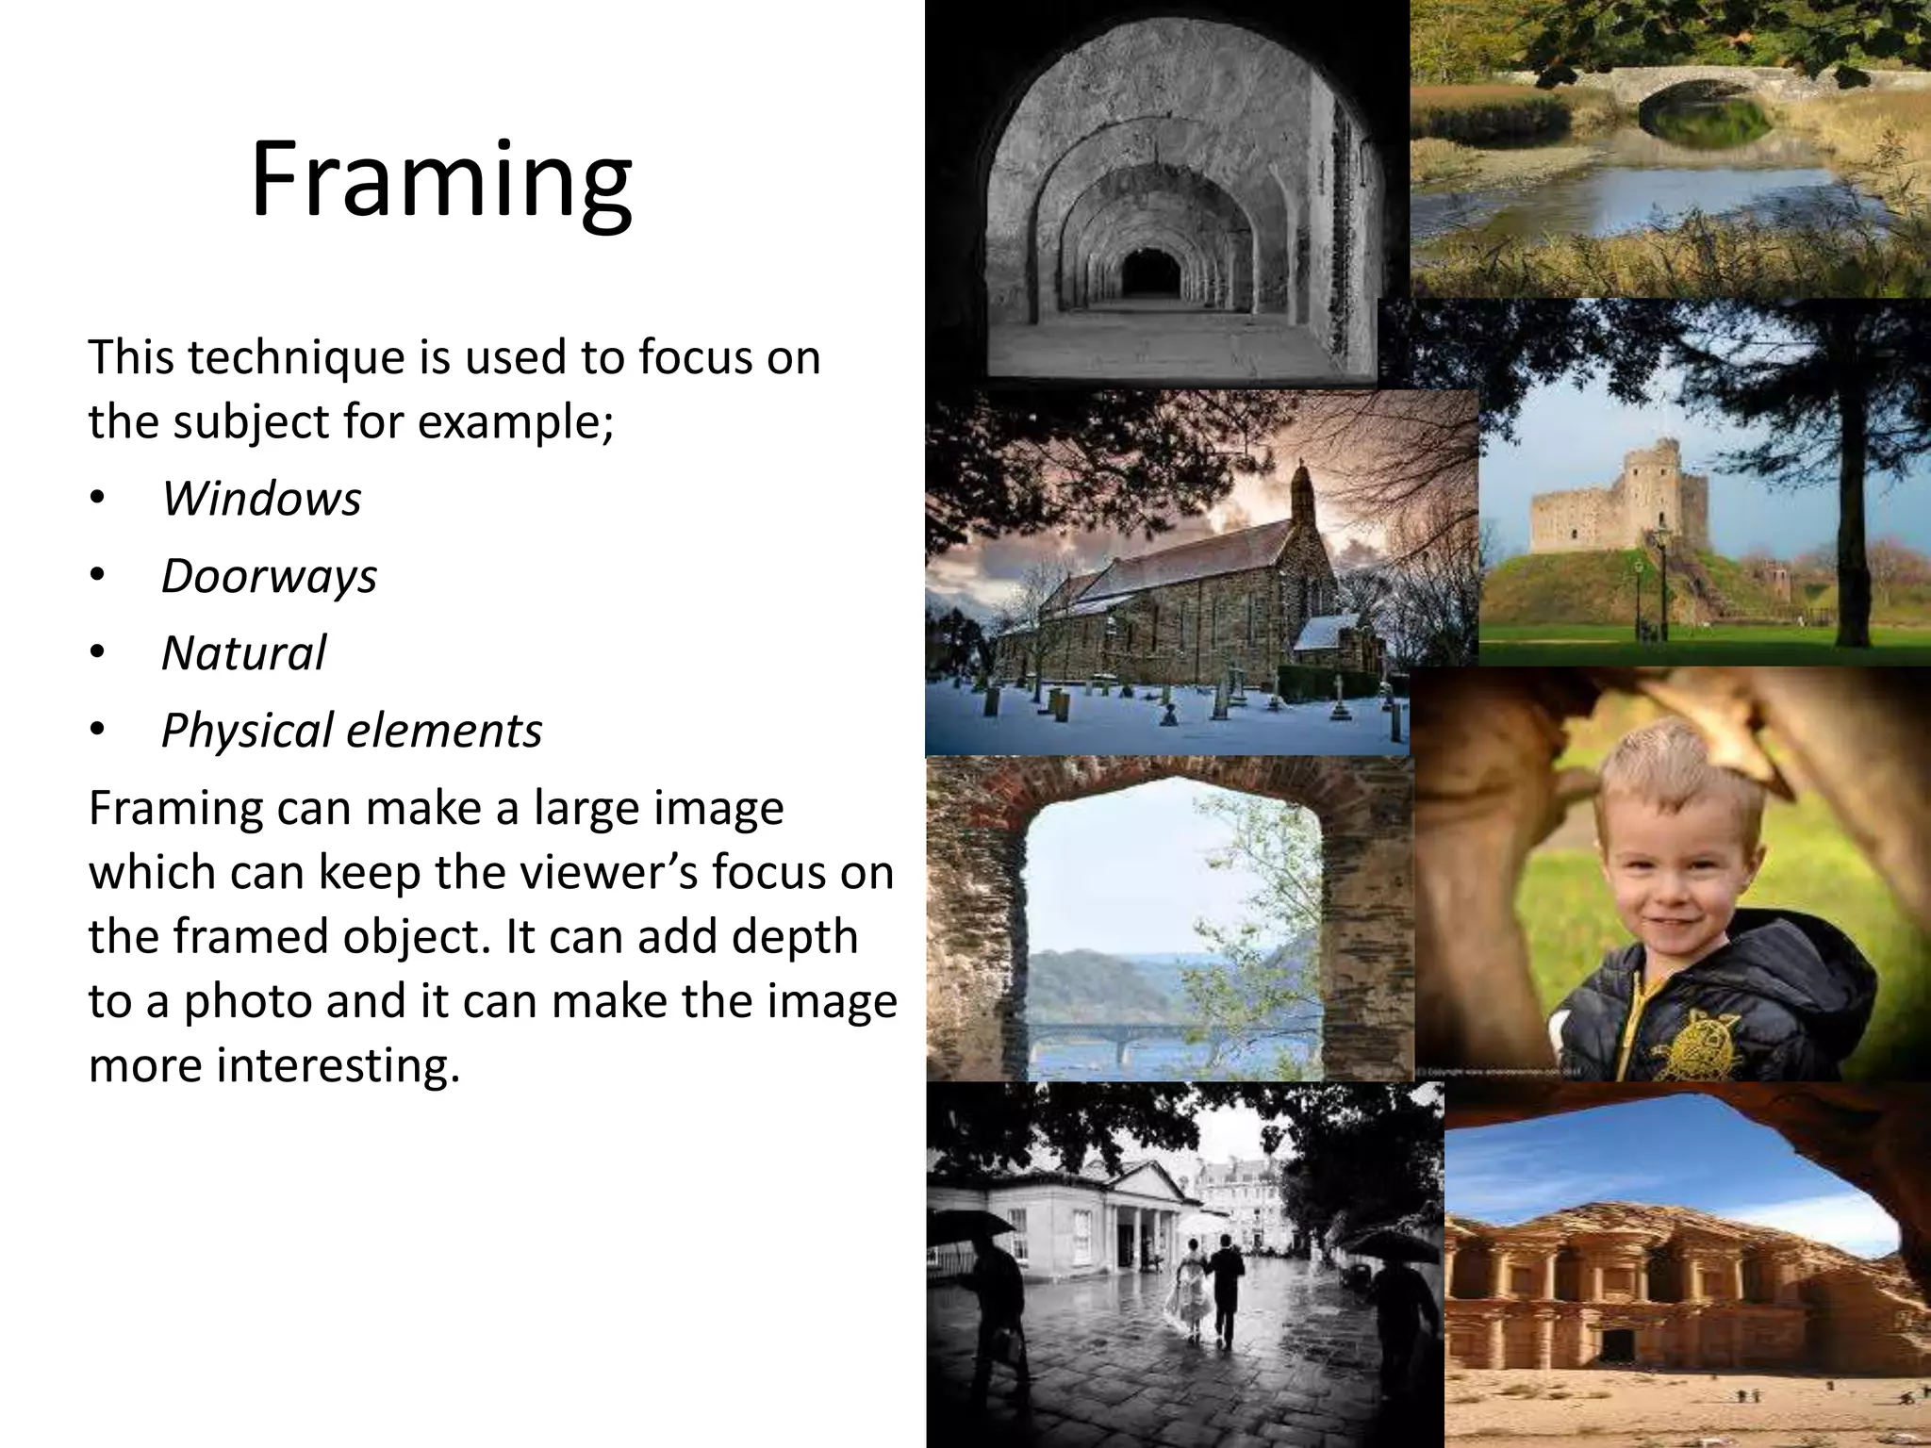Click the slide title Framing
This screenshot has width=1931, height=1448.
[440, 181]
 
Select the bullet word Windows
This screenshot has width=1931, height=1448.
[261, 499]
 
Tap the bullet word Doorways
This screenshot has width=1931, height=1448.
[269, 576]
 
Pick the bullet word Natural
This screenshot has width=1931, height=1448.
[243, 653]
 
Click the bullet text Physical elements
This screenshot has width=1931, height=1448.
[352, 731]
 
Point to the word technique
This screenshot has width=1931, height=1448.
[292, 358]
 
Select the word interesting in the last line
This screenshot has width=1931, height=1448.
[330, 1066]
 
